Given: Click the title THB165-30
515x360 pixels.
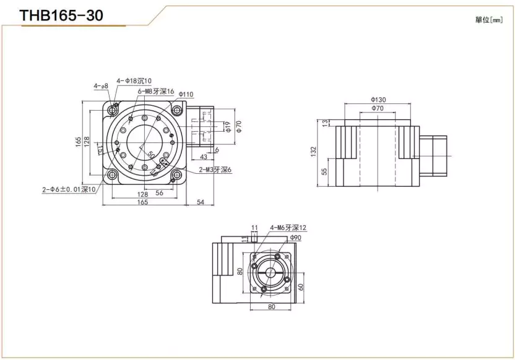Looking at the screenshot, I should tap(61, 16).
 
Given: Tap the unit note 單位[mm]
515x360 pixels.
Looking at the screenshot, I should tap(488, 20).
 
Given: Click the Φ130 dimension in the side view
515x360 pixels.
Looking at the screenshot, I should tap(378, 99).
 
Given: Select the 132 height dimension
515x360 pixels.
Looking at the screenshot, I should tap(314, 150).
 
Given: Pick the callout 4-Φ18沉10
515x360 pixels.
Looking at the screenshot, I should tap(134, 81).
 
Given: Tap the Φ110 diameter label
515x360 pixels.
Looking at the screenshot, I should tap(186, 94).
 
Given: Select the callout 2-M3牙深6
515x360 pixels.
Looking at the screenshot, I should tap(215, 169).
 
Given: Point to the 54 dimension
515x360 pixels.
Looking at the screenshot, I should tap(200, 202).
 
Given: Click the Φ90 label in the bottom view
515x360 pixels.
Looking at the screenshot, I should tap(295, 238).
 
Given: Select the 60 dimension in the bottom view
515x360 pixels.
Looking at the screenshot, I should tap(301, 286).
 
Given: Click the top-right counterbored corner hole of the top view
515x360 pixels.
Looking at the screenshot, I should tap(177, 110).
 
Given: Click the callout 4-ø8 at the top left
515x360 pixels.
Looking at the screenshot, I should tap(101, 86).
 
